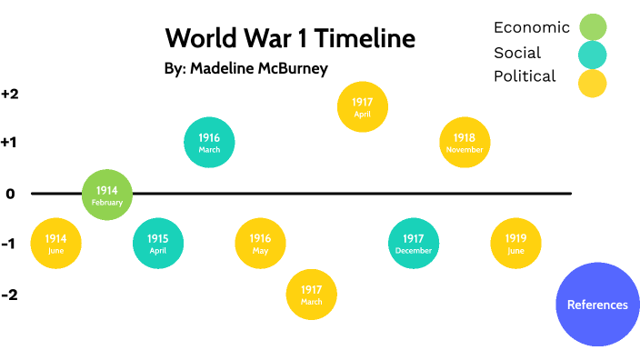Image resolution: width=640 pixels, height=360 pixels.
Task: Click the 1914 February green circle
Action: (107, 195)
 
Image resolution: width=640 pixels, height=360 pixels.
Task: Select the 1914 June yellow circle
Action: (56, 244)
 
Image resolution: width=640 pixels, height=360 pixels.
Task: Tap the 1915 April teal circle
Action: (158, 244)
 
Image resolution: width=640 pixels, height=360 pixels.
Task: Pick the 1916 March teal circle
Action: (209, 142)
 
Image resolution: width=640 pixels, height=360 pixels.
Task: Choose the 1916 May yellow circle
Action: (260, 244)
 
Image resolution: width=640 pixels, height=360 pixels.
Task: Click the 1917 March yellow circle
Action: (311, 295)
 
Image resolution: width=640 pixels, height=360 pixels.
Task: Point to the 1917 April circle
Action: (363, 107)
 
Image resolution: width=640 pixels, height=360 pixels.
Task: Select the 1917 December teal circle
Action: (414, 244)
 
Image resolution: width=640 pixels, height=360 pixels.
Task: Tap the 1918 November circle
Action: (465, 142)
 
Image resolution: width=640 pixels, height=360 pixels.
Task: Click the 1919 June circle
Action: (515, 244)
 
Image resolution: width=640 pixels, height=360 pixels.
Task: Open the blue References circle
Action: (597, 305)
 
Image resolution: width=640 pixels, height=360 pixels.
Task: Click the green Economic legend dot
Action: (592, 28)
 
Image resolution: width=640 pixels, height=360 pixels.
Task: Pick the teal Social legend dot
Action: (592, 55)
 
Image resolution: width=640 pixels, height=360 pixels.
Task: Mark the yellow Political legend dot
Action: (592, 83)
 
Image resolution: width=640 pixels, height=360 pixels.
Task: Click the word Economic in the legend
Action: (532, 28)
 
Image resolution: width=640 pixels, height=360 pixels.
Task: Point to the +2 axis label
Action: (10, 94)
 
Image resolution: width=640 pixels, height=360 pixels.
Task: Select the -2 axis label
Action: (10, 295)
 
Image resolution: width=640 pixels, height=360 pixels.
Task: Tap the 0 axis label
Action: (10, 194)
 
